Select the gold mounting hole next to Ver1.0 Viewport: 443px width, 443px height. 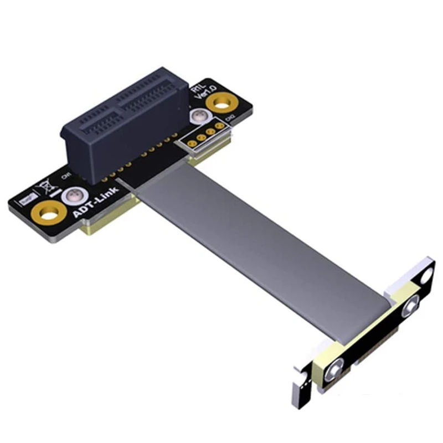coord(223,102)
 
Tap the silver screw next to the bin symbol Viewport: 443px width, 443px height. coord(71,195)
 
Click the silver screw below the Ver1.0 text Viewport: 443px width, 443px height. coord(198,117)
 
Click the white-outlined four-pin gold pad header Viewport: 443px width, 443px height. coord(206,135)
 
